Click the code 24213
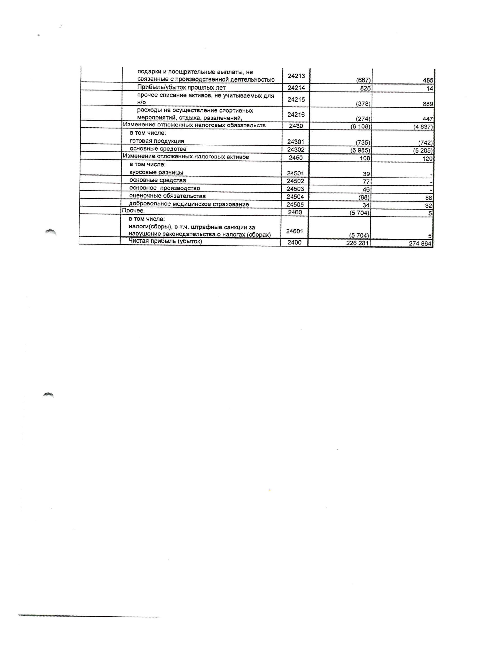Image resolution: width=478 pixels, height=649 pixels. tap(296, 76)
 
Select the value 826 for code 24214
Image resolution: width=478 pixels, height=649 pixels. tap(365, 88)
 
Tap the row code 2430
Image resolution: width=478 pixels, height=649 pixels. tap(296, 126)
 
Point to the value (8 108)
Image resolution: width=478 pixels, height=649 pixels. tap(360, 127)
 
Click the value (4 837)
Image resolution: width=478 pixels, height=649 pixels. tap(423, 127)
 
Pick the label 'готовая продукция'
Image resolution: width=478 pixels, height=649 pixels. tap(157, 141)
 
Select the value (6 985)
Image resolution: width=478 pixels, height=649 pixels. tap(360, 151)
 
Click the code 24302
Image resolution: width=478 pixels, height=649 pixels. tap(296, 150)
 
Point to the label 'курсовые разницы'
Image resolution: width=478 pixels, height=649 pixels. tap(156, 173)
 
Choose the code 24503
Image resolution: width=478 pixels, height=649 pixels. tap(295, 189)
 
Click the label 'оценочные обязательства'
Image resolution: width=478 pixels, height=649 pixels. tap(167, 196)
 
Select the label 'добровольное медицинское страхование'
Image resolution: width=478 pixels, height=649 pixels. tap(189, 204)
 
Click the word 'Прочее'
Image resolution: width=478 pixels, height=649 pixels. tap(133, 211)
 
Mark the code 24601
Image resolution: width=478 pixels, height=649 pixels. tap(295, 231)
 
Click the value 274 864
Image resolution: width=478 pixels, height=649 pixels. tap(420, 244)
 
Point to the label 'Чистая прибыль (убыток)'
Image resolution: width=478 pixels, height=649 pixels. tap(165, 241)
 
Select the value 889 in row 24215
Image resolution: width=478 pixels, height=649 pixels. tap(428, 104)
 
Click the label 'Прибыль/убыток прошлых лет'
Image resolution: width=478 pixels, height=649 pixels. tap(181, 88)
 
